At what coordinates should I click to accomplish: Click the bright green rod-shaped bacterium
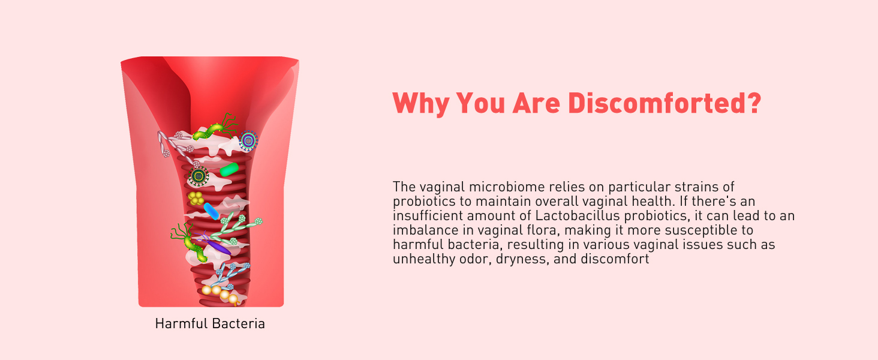point(229,170)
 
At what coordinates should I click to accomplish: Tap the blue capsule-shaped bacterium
point(212,211)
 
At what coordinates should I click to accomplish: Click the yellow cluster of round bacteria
point(196,197)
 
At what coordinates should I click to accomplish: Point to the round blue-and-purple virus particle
point(248,141)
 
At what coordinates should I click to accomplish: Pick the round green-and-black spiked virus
point(198,176)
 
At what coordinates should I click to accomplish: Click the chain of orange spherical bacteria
point(220,293)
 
